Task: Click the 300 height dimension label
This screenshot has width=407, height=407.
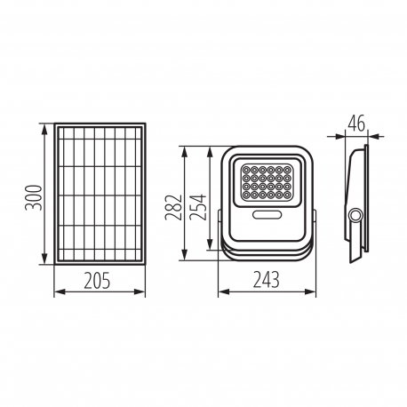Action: coord(33,197)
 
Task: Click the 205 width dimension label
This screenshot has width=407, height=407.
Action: coord(97,280)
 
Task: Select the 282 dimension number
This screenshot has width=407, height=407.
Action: coord(173,207)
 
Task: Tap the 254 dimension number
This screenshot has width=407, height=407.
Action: coord(198,207)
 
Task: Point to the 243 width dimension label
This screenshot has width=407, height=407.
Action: coord(266,280)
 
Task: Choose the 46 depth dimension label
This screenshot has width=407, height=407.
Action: coord(356,124)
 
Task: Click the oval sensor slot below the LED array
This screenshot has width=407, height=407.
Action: coord(267,215)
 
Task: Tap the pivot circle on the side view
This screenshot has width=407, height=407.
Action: coord(355,216)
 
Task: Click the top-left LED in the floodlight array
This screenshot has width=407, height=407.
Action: coord(246,170)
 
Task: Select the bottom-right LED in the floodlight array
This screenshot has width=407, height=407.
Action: coord(287,195)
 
